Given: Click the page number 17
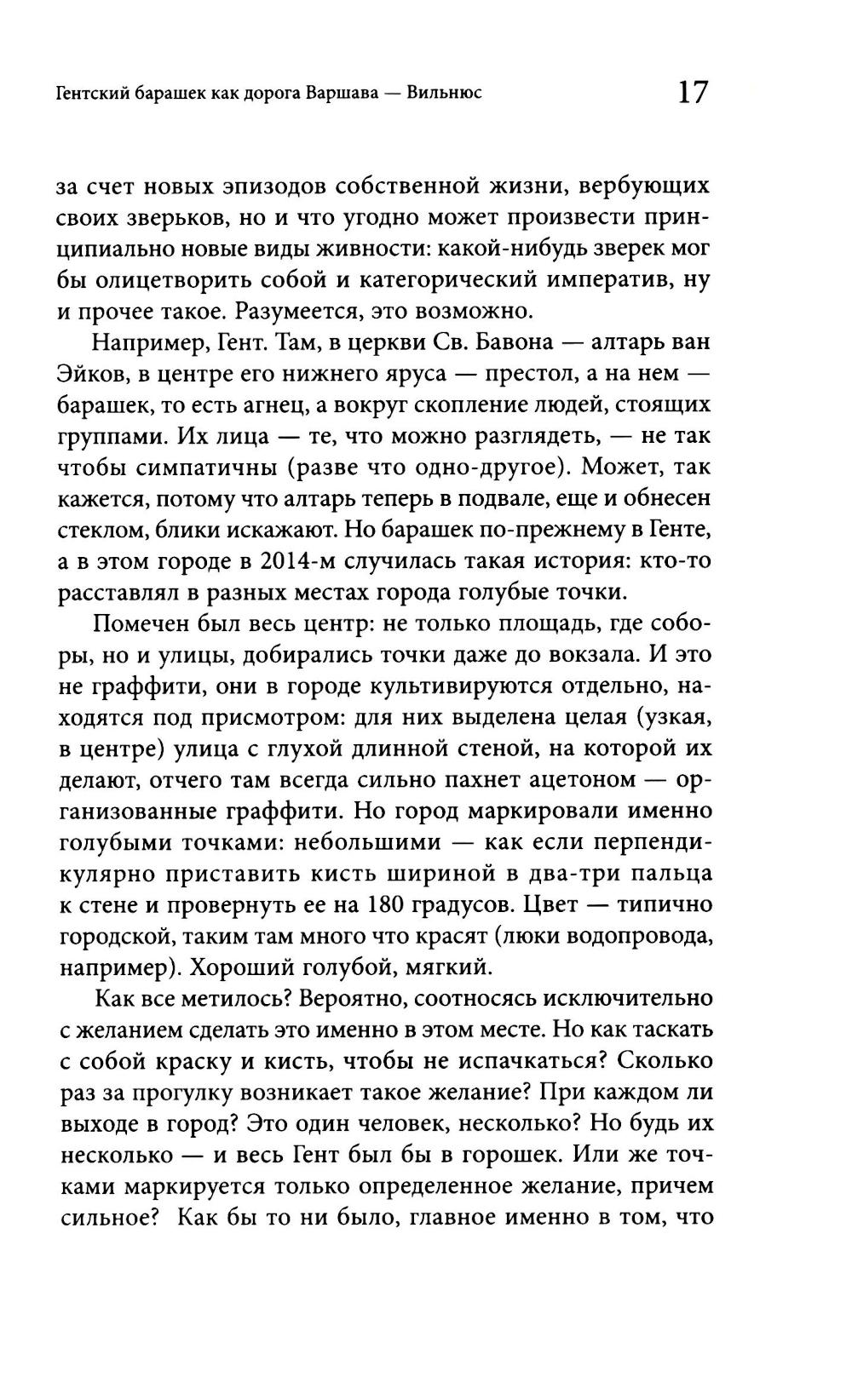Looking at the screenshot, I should coord(692,91).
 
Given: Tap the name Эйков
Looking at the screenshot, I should coord(90,375).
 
